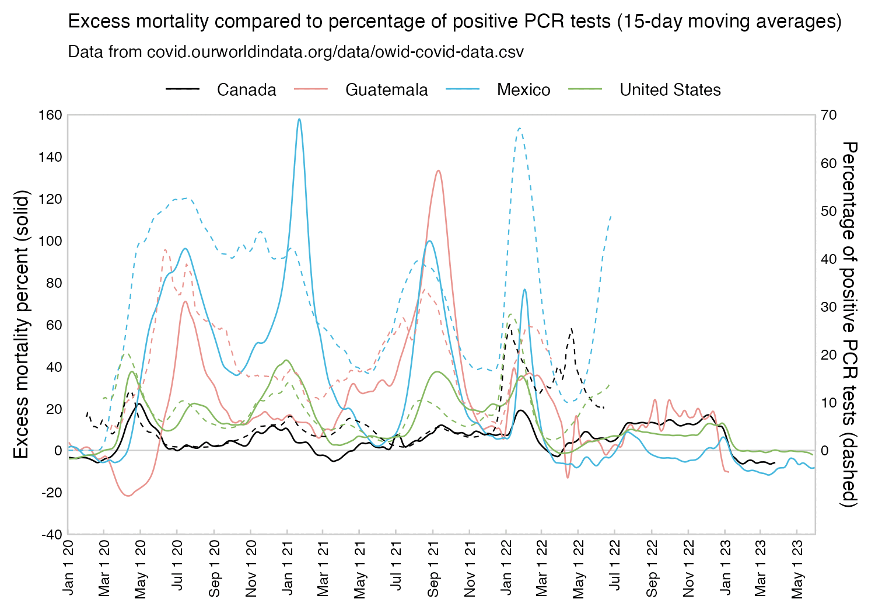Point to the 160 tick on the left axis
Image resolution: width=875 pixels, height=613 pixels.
click(51, 115)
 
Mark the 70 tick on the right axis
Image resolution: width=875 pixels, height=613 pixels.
click(829, 116)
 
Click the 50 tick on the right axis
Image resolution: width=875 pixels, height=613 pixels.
click(829, 211)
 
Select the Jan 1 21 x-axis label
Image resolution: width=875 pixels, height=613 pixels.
click(288, 569)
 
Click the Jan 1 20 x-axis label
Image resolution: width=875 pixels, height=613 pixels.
click(69, 569)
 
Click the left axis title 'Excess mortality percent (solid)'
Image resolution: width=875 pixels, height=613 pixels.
click(21, 324)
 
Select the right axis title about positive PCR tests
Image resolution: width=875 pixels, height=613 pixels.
click(850, 324)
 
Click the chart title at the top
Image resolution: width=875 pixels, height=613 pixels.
click(455, 22)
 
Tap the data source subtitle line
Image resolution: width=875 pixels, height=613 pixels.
click(296, 52)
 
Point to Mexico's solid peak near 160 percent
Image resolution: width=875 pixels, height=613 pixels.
click(299, 119)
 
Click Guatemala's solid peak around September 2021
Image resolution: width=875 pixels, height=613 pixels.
click(438, 170)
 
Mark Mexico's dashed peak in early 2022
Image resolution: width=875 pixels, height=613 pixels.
click(519, 128)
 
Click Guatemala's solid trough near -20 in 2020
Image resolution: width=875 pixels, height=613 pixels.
click(128, 496)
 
